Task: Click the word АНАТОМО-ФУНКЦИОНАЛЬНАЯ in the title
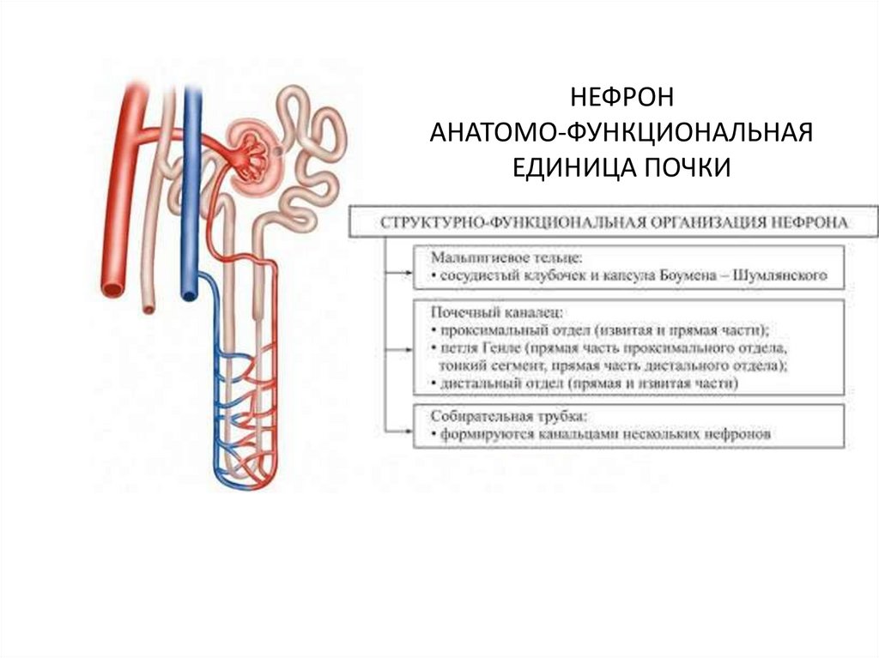click(x=621, y=131)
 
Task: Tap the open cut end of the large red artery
click(x=111, y=287)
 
